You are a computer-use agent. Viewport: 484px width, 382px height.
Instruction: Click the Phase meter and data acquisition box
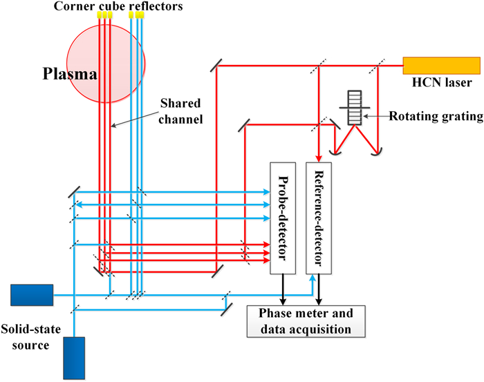(305, 321)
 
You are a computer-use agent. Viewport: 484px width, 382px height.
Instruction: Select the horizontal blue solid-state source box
(32, 295)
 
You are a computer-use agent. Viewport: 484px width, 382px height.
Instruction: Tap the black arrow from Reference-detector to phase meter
(319, 290)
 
